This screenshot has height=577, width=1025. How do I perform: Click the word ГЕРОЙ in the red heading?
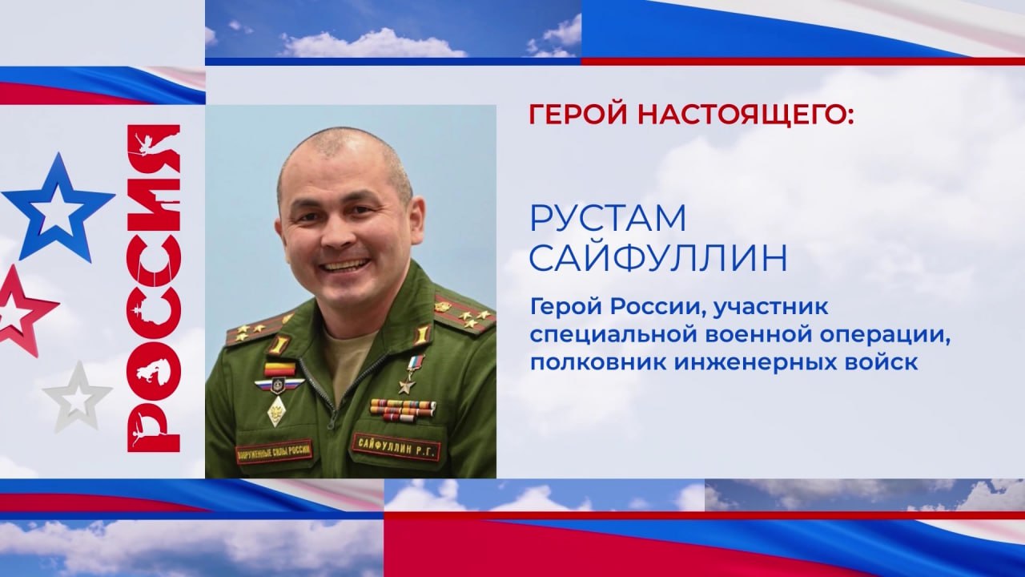coord(577,115)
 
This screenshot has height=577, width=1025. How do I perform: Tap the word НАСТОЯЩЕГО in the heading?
coord(738,116)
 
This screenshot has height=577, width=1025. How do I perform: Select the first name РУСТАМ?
coord(608,219)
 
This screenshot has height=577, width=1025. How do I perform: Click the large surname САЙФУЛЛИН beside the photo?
coord(658,259)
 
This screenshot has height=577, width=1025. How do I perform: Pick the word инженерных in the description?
coord(746,363)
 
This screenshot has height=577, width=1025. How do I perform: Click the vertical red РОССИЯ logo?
coord(153,288)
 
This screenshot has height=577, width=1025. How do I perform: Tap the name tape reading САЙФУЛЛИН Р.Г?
coord(396,447)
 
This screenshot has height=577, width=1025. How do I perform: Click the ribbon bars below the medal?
coord(402,410)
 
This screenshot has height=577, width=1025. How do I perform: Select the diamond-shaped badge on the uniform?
coord(277,411)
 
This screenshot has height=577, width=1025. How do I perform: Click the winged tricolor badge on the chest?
coord(279,385)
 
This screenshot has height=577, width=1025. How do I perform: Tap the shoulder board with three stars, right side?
coord(463,313)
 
